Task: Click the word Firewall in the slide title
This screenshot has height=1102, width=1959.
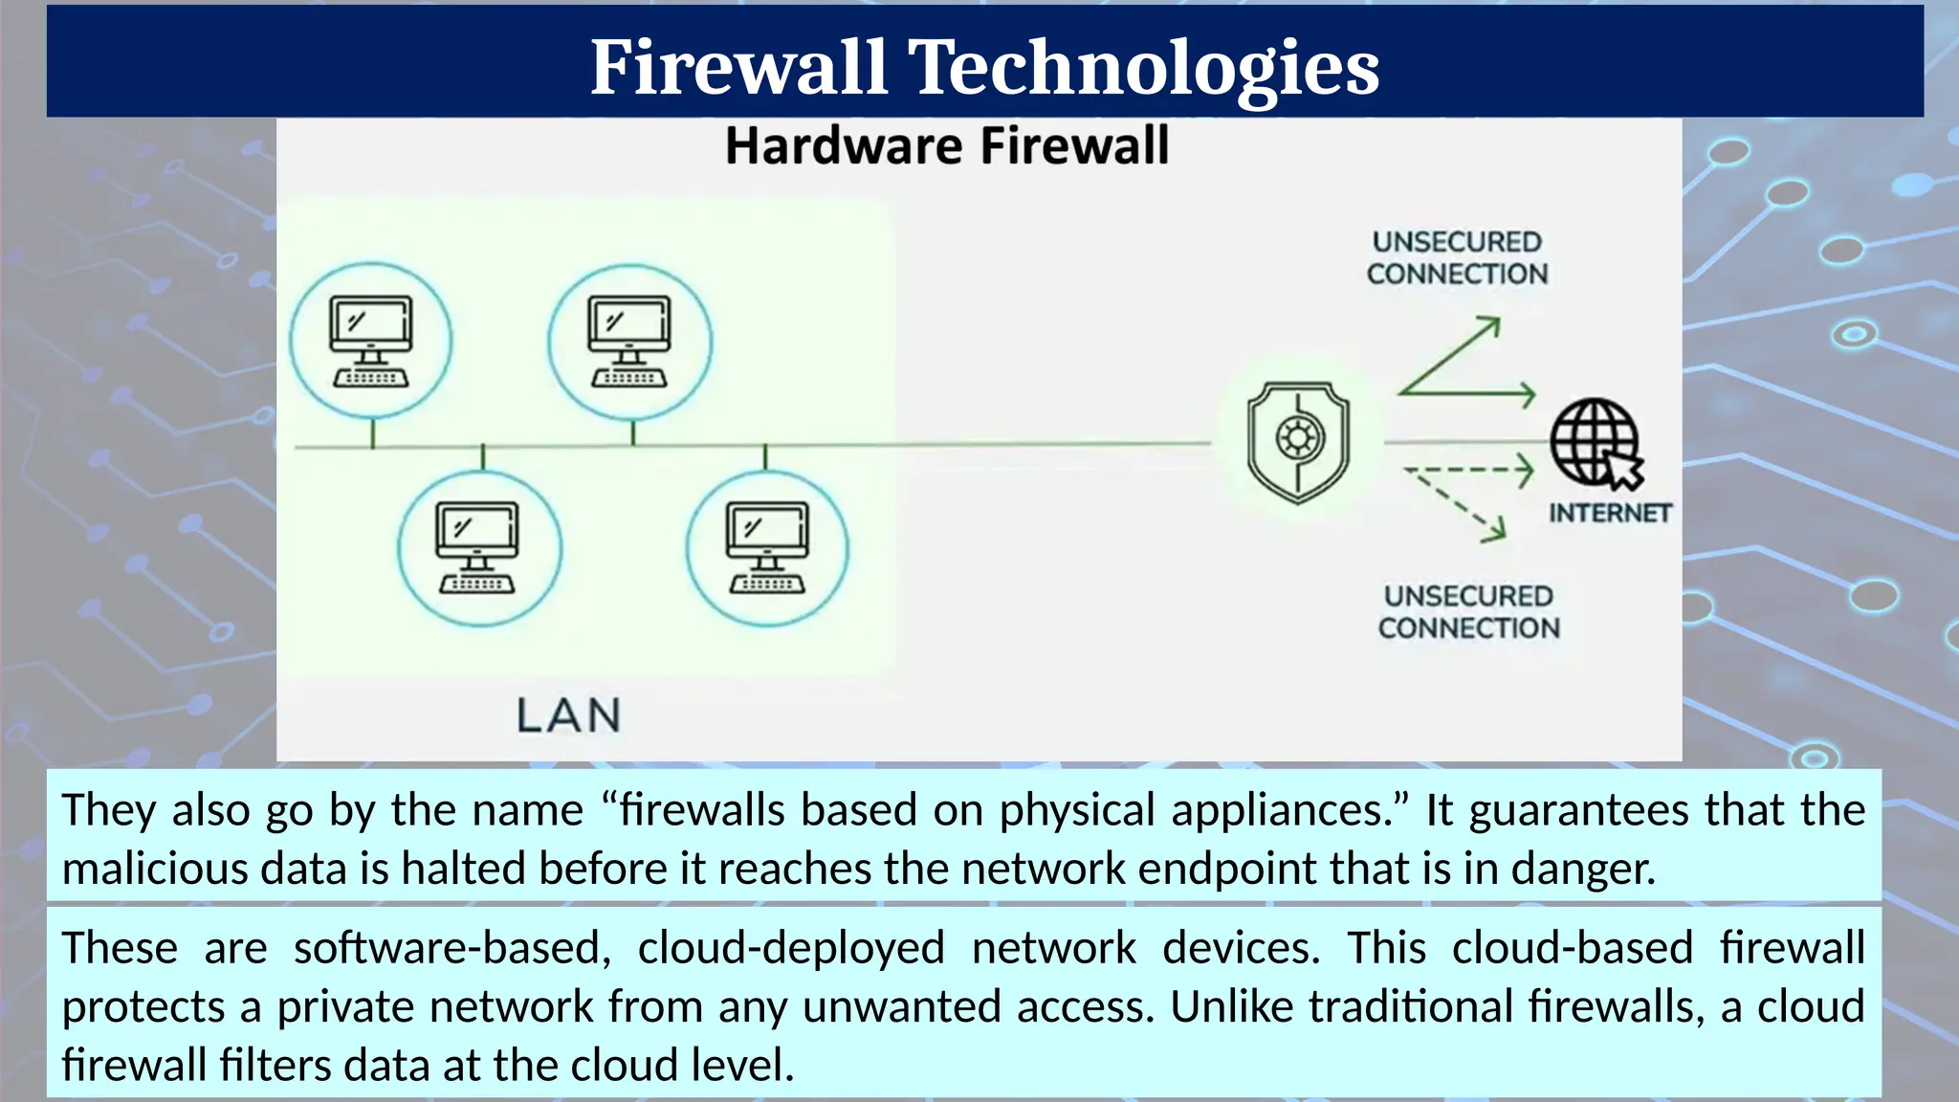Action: (x=738, y=67)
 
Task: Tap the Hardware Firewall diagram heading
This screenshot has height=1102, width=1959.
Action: (x=947, y=146)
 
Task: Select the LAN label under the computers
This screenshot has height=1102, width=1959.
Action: (x=569, y=716)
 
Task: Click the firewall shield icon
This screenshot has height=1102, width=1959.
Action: (x=1298, y=441)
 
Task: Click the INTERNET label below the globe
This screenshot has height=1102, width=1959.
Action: (x=1610, y=514)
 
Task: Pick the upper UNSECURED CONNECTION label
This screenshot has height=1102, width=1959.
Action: (x=1457, y=258)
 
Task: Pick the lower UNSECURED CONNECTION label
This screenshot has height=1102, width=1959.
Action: (x=1468, y=612)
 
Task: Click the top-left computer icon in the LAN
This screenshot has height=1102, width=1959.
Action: (x=371, y=341)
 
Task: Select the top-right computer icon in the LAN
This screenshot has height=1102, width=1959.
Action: (x=629, y=342)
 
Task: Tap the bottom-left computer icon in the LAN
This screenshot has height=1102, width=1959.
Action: (x=478, y=547)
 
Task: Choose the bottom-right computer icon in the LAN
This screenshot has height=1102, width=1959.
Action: (x=767, y=547)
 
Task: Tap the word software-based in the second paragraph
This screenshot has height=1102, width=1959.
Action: (x=451, y=948)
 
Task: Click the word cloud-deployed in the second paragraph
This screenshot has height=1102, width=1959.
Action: (x=791, y=948)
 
